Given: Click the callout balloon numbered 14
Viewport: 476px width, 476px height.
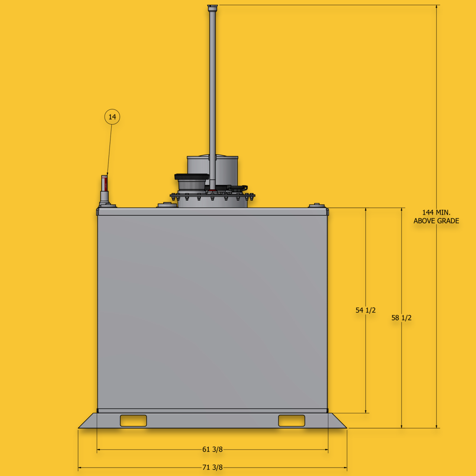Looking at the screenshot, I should point(112,117).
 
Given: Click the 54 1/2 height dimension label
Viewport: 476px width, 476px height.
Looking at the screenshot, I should point(366,310).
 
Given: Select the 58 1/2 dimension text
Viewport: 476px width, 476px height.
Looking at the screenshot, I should point(401,318).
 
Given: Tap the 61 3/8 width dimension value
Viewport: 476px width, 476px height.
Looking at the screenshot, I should point(212,449).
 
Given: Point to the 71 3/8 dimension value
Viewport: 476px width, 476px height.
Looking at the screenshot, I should point(212,467).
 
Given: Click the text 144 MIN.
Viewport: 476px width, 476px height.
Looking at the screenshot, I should point(436,212).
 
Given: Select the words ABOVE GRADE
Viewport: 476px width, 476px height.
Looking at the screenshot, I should point(436,221).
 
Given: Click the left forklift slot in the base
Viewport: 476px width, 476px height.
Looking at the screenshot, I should point(133,421).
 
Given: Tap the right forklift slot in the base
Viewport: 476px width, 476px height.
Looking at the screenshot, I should point(292,421).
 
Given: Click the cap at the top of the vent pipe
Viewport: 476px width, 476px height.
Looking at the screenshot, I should point(213,7).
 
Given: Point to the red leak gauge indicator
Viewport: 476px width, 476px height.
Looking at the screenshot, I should point(106,184).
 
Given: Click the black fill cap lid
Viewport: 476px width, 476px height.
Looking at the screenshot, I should point(192,177).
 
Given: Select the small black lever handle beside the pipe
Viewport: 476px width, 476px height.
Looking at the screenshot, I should point(238,188).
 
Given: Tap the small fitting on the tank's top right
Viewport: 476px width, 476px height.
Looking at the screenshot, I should point(316,205).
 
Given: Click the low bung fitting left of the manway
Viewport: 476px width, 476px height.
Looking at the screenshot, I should point(167,205).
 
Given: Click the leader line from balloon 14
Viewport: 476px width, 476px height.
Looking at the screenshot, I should point(110,149).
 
